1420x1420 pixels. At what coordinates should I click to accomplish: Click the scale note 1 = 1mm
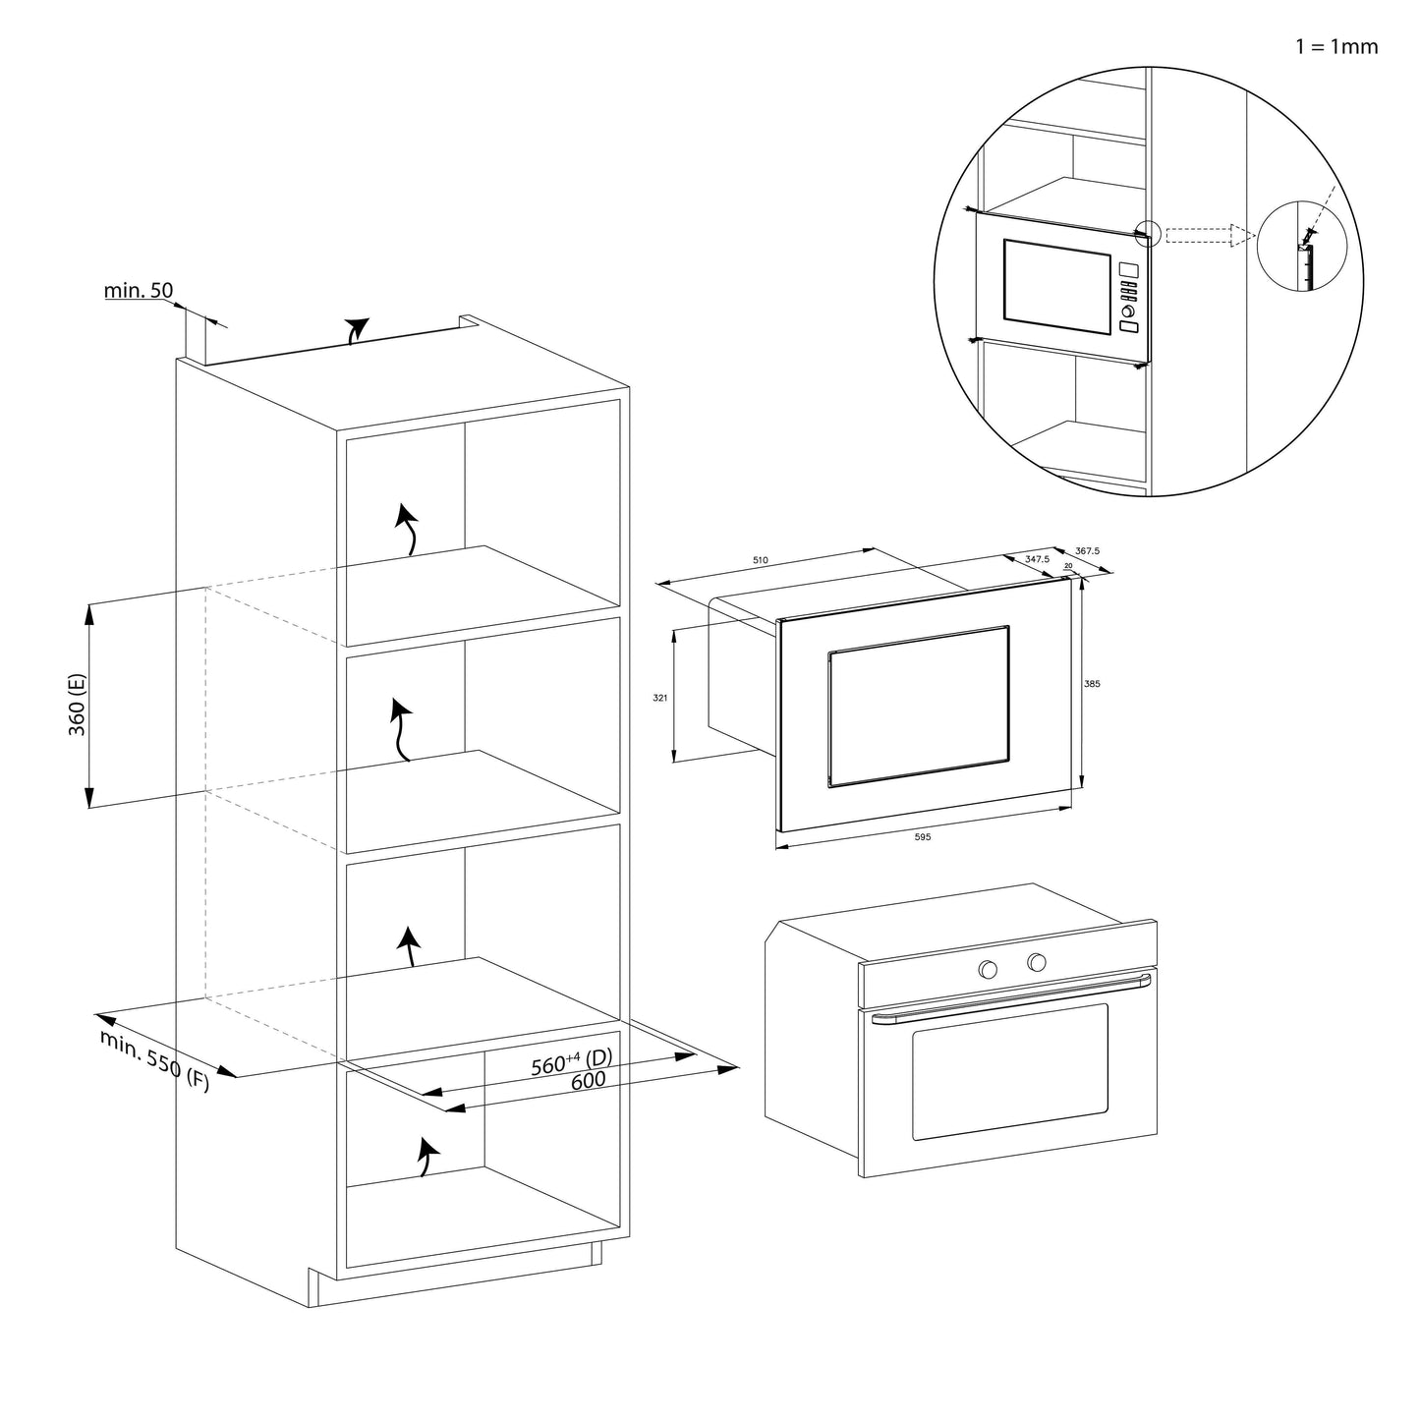[1336, 46]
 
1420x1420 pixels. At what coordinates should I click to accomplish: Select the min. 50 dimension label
[139, 290]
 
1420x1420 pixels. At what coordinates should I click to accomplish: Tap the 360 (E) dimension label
[78, 705]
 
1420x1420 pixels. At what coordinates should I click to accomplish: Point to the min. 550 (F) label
[154, 1061]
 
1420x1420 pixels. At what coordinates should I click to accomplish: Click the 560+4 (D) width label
[571, 1062]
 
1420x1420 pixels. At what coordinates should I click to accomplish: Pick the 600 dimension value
[588, 1080]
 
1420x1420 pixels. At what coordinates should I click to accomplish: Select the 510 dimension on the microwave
[760, 560]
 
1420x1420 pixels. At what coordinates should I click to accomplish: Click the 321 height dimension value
[660, 698]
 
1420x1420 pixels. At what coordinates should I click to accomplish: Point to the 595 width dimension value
[922, 837]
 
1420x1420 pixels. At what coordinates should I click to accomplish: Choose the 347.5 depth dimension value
[1037, 558]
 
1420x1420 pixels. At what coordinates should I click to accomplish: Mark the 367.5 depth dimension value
[1087, 551]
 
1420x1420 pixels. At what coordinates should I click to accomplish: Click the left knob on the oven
[988, 970]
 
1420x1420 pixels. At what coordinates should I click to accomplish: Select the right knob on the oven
[1036, 962]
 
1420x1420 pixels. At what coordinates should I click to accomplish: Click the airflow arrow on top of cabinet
[357, 330]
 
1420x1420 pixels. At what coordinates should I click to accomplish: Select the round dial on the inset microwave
[1127, 312]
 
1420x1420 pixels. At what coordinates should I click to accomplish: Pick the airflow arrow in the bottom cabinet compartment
[426, 1157]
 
